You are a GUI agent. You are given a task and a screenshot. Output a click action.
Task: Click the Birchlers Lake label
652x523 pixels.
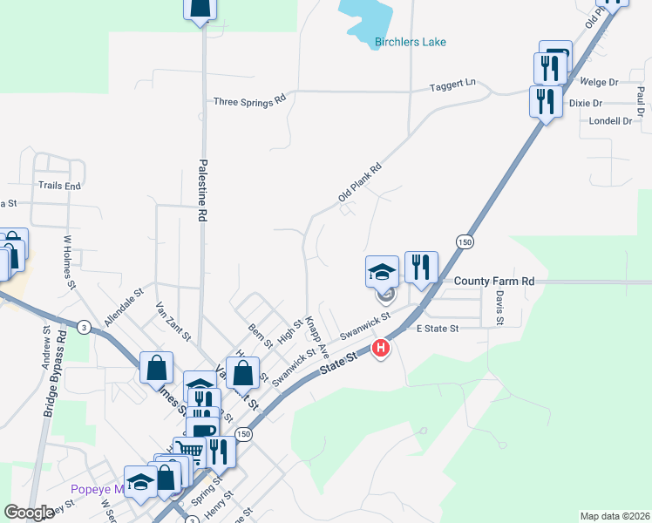coord(410,42)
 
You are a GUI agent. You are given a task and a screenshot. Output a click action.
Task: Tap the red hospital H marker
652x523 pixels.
coord(381,350)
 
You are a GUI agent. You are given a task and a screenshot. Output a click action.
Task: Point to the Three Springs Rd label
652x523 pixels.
coord(250,101)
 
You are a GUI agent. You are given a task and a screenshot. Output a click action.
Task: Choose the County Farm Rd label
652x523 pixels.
coord(494,282)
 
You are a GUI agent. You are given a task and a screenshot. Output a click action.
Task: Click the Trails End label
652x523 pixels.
coord(59,186)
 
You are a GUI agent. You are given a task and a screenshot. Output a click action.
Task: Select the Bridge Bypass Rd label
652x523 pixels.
coord(54,366)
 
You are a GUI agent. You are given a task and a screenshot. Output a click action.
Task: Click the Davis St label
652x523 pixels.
coord(499,309)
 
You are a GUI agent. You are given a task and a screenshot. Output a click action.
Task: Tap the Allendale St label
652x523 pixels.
coord(123,309)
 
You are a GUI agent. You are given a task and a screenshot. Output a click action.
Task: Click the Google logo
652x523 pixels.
coord(29,513)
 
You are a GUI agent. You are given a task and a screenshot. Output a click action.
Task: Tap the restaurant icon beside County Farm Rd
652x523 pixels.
coord(422,268)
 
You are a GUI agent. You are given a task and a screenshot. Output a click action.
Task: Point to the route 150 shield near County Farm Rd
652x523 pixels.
coord(463,241)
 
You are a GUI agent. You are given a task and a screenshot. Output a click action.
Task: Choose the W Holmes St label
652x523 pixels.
coord(69,261)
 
